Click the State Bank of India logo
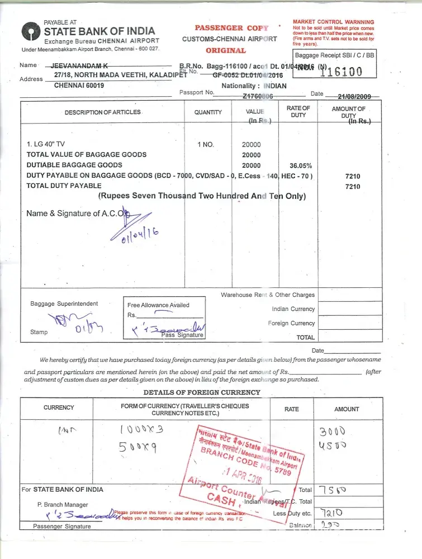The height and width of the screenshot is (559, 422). (x=31, y=31)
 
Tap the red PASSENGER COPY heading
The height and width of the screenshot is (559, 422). (x=231, y=27)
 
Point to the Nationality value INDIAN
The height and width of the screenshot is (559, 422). (x=274, y=86)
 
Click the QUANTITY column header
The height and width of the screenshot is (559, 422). (x=208, y=112)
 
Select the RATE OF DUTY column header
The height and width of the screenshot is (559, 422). (x=298, y=111)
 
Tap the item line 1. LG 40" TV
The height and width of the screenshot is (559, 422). (x=46, y=144)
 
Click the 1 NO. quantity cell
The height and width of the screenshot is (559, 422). (x=206, y=144)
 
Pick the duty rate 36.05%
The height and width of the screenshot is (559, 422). (x=301, y=166)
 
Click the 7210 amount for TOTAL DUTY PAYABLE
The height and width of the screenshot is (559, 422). (x=353, y=187)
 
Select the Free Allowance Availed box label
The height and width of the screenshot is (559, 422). (x=158, y=305)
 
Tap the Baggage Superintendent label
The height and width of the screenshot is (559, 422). (x=64, y=304)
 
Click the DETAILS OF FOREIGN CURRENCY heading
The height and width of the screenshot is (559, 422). (x=201, y=392)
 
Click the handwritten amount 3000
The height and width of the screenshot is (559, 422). (x=332, y=432)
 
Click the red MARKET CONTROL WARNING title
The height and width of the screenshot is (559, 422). (x=333, y=22)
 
